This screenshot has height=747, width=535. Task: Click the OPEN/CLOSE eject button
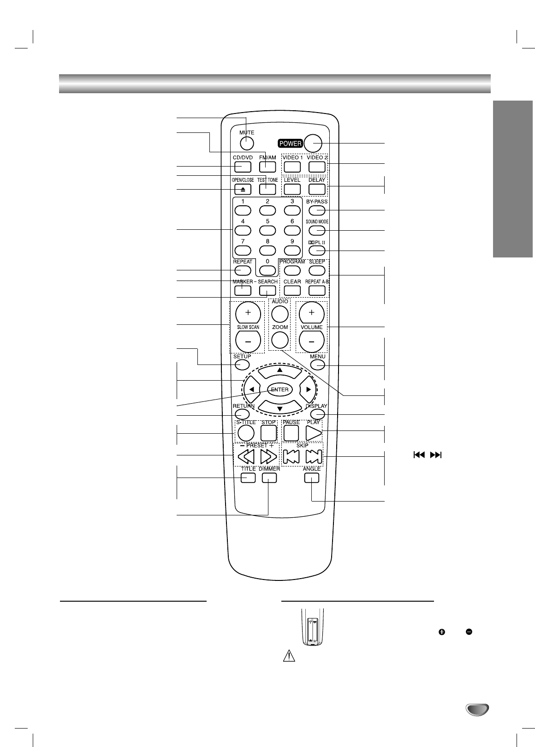[x=243, y=189]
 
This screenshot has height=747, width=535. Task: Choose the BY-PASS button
[x=317, y=211]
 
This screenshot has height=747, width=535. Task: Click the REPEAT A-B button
[x=317, y=290]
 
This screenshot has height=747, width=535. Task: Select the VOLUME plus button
[x=311, y=313]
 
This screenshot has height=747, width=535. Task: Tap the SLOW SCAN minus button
[x=248, y=342]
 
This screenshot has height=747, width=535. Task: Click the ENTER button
[x=279, y=389]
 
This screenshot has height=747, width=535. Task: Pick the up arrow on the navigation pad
[x=279, y=371]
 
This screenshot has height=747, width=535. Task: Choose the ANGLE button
[x=311, y=478]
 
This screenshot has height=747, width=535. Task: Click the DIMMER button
[x=269, y=478]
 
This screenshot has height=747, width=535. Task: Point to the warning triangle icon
[x=286, y=657]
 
